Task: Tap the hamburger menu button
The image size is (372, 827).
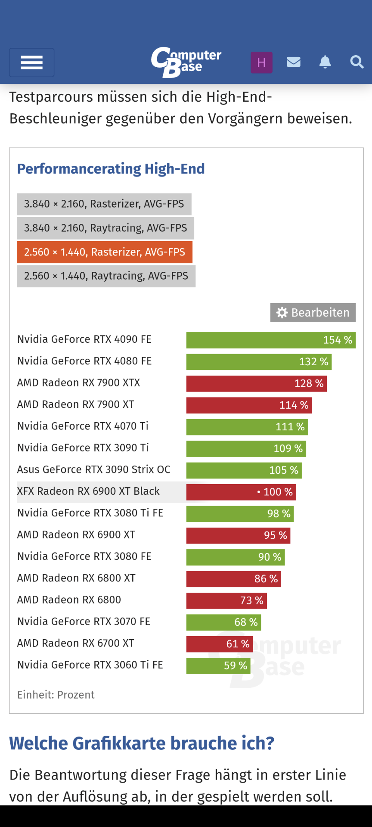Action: point(32,62)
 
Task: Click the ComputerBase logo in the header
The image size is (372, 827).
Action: point(186,62)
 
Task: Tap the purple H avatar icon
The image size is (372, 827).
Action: point(261,62)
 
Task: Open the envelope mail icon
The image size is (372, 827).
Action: point(294,62)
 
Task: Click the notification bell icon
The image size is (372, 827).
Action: point(325,62)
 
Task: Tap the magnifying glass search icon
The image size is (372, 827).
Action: point(356,62)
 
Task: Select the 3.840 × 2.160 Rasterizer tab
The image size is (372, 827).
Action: point(104,204)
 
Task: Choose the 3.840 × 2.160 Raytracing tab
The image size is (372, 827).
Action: point(105,228)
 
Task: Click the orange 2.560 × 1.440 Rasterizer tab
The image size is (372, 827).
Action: point(105,252)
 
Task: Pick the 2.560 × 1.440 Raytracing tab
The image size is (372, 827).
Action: point(106,276)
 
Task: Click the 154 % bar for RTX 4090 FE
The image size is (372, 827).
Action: point(271,340)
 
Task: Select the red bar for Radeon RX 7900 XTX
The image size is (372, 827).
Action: point(256,384)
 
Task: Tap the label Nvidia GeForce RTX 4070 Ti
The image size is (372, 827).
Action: point(83,426)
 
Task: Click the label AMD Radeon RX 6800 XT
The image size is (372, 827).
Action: point(76,578)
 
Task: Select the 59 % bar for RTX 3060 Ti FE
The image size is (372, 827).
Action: point(218,665)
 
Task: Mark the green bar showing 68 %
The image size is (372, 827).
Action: point(223,622)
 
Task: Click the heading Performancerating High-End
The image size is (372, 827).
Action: point(111,169)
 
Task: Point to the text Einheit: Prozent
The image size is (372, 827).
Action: point(56,695)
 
